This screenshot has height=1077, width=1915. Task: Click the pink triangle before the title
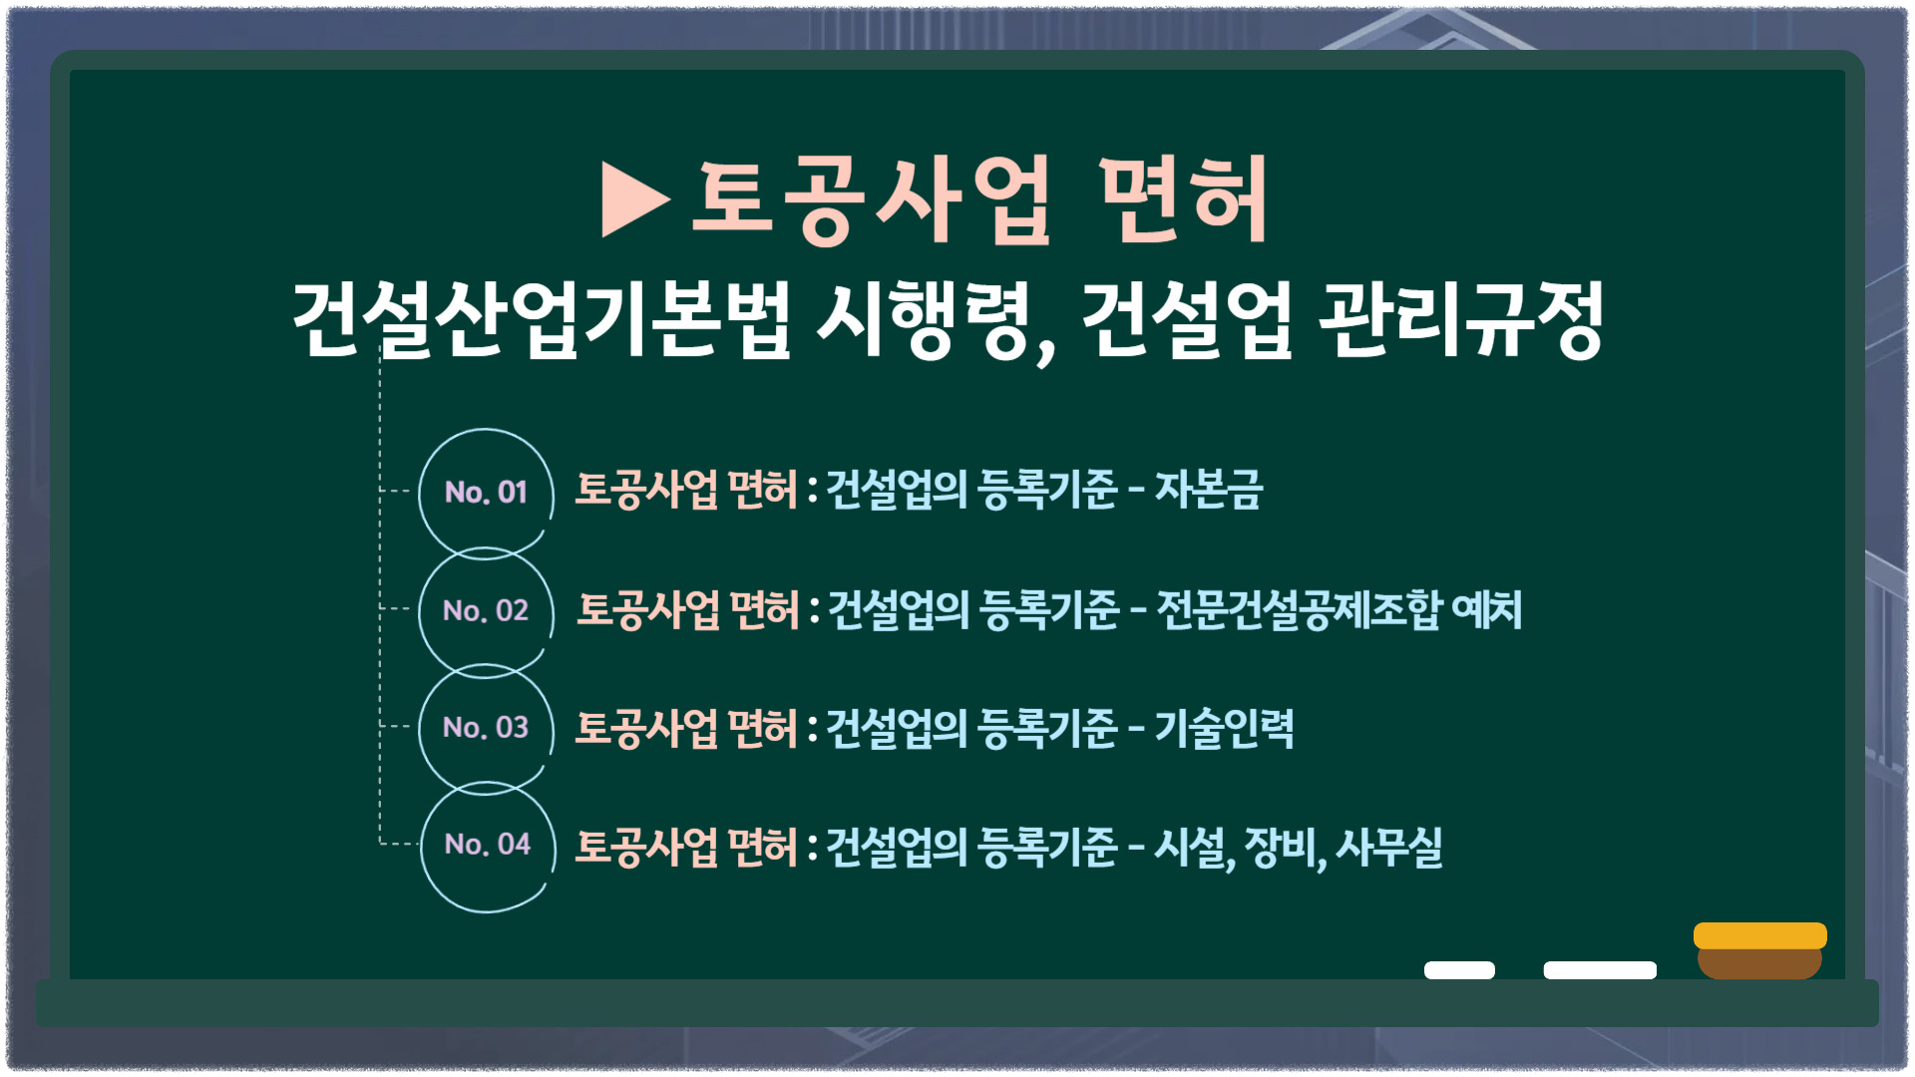click(x=634, y=199)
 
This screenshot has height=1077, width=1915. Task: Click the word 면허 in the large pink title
click(x=1183, y=199)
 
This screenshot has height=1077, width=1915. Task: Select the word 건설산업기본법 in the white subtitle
click(x=542, y=319)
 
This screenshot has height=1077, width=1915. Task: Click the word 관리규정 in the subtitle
click(x=1461, y=319)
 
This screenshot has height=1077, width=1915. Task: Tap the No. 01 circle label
click(x=486, y=492)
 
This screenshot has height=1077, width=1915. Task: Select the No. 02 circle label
click(x=486, y=610)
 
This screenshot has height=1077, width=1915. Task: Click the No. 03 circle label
click(x=486, y=727)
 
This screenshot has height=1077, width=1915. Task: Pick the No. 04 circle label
click(x=488, y=844)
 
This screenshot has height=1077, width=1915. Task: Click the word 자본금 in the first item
click(x=1209, y=490)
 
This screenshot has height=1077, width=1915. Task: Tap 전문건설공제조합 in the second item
click(x=1300, y=609)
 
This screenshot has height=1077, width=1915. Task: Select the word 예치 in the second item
click(x=1487, y=609)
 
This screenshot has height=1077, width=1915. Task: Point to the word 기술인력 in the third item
click(x=1225, y=728)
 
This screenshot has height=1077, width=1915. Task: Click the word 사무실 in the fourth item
click(x=1389, y=848)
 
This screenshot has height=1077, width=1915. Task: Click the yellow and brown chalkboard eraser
click(x=1760, y=950)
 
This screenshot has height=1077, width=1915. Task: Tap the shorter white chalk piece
click(x=1459, y=970)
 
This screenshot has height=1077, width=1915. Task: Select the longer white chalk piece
click(x=1600, y=970)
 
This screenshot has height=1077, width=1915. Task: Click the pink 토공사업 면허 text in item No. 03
click(x=686, y=728)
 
